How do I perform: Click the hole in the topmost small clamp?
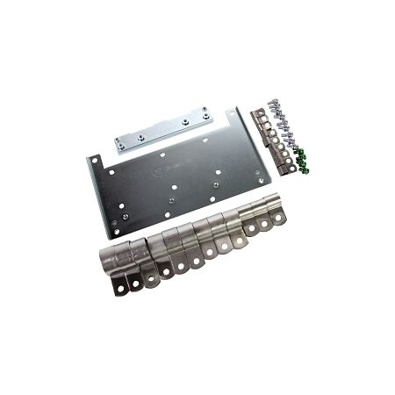(x=261, y=117)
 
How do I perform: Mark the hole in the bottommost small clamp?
(x=288, y=167)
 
